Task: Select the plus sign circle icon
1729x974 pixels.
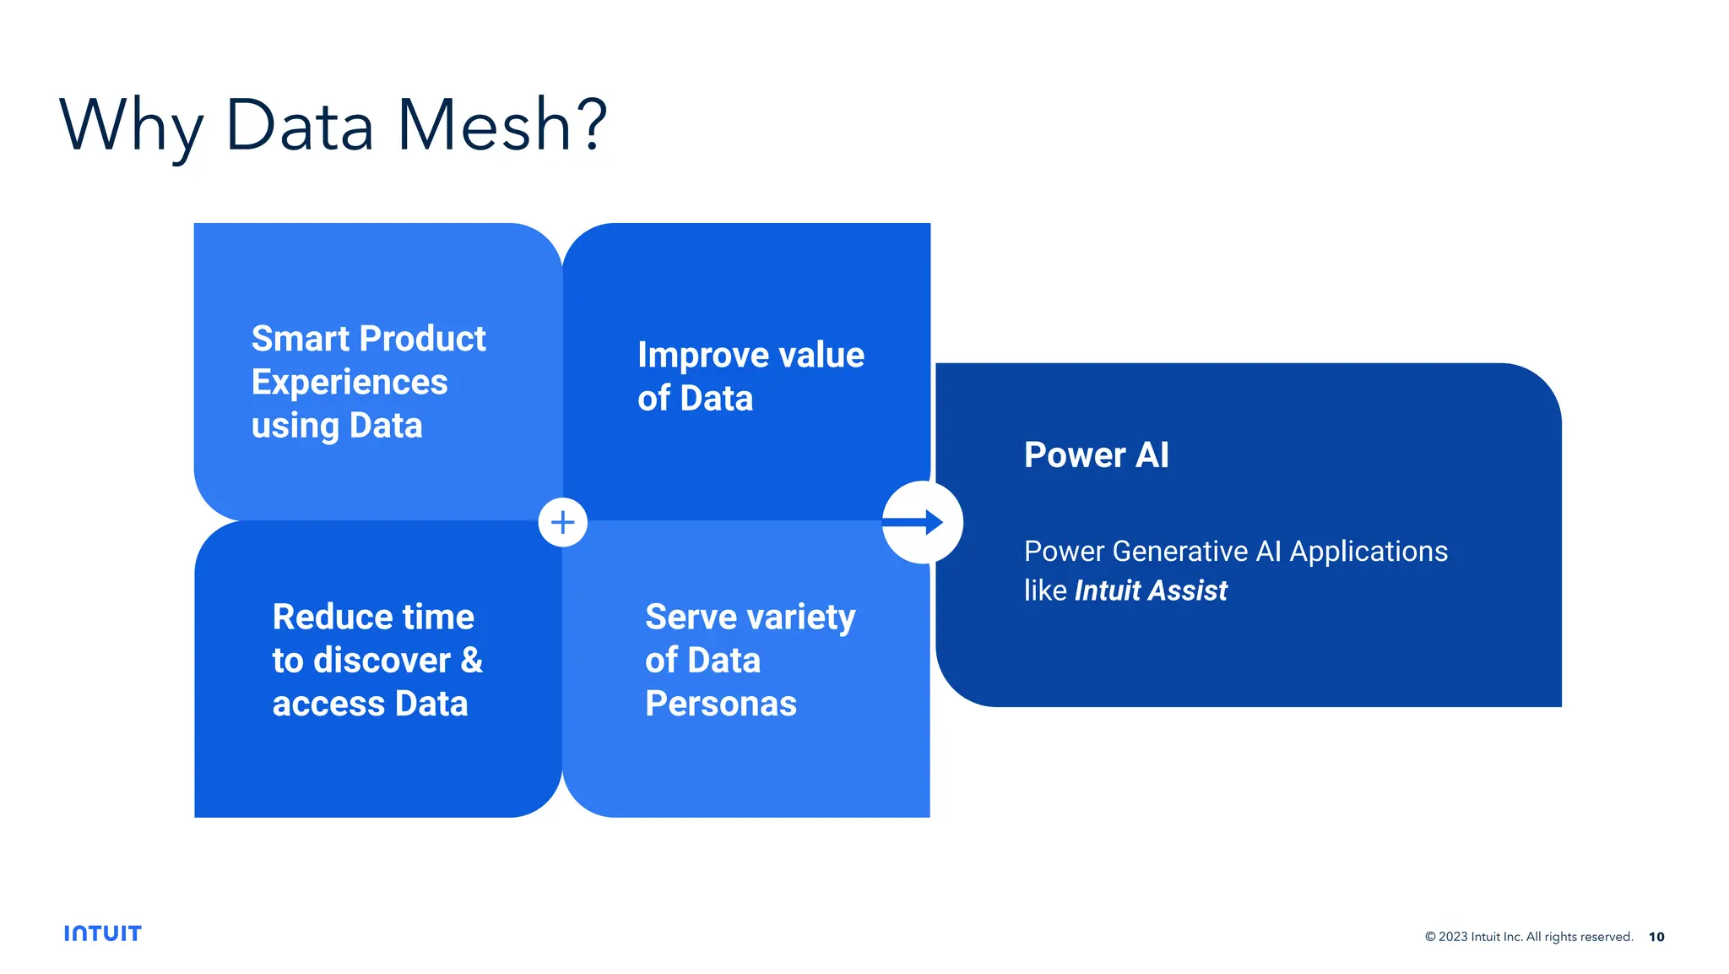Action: tap(563, 522)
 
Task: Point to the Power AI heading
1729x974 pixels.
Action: tap(1096, 454)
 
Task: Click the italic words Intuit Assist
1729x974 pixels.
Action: tap(1151, 590)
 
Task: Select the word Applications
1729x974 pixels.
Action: tap(1369, 552)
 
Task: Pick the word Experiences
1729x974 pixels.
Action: tap(350, 383)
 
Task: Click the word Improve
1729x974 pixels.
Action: tap(691, 356)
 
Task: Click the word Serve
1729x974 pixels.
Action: tap(691, 617)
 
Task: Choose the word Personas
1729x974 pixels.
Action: tap(721, 704)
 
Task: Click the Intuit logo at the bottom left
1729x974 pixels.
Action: tap(103, 933)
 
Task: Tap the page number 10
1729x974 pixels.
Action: tap(1656, 937)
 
